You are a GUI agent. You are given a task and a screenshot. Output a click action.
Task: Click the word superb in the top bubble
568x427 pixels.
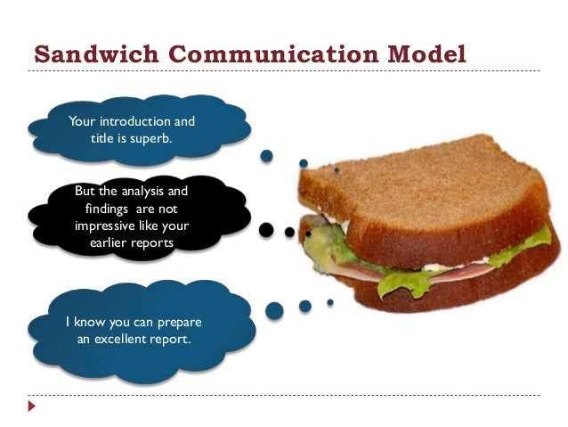(x=150, y=138)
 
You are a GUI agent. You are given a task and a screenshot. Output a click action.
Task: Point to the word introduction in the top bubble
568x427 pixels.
(x=134, y=121)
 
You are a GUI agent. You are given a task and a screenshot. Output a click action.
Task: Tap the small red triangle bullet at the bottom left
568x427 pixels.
(x=32, y=406)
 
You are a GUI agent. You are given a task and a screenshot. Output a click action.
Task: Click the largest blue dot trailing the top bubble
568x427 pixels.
(x=266, y=157)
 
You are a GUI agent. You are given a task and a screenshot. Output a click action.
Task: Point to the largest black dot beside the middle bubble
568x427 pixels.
(x=266, y=230)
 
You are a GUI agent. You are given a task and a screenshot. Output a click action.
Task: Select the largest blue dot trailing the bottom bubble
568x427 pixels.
(x=274, y=310)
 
